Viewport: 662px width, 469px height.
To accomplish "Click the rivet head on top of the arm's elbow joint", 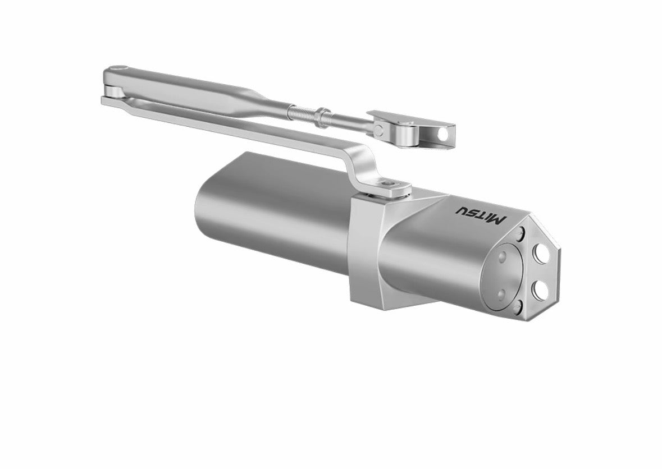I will click(116, 69).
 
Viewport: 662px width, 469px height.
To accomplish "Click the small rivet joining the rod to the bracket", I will click(380, 130).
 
